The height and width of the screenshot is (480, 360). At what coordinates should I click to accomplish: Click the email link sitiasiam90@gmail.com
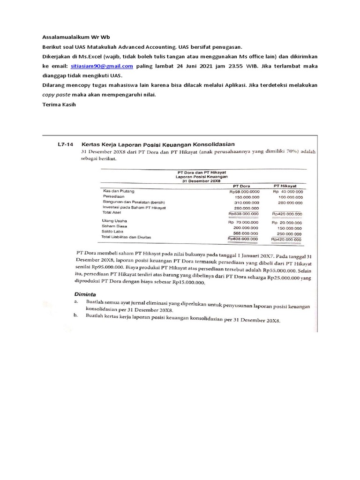102,66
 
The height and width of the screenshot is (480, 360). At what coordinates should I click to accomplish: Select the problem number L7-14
62,144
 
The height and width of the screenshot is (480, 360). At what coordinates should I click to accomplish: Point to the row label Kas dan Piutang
119,191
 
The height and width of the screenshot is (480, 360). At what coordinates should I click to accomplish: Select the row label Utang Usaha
114,220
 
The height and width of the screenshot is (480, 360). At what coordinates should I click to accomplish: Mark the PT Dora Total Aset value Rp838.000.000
243,214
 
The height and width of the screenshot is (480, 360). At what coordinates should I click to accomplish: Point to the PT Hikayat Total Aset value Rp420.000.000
287,214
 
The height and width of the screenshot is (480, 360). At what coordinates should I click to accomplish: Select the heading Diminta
86,294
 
